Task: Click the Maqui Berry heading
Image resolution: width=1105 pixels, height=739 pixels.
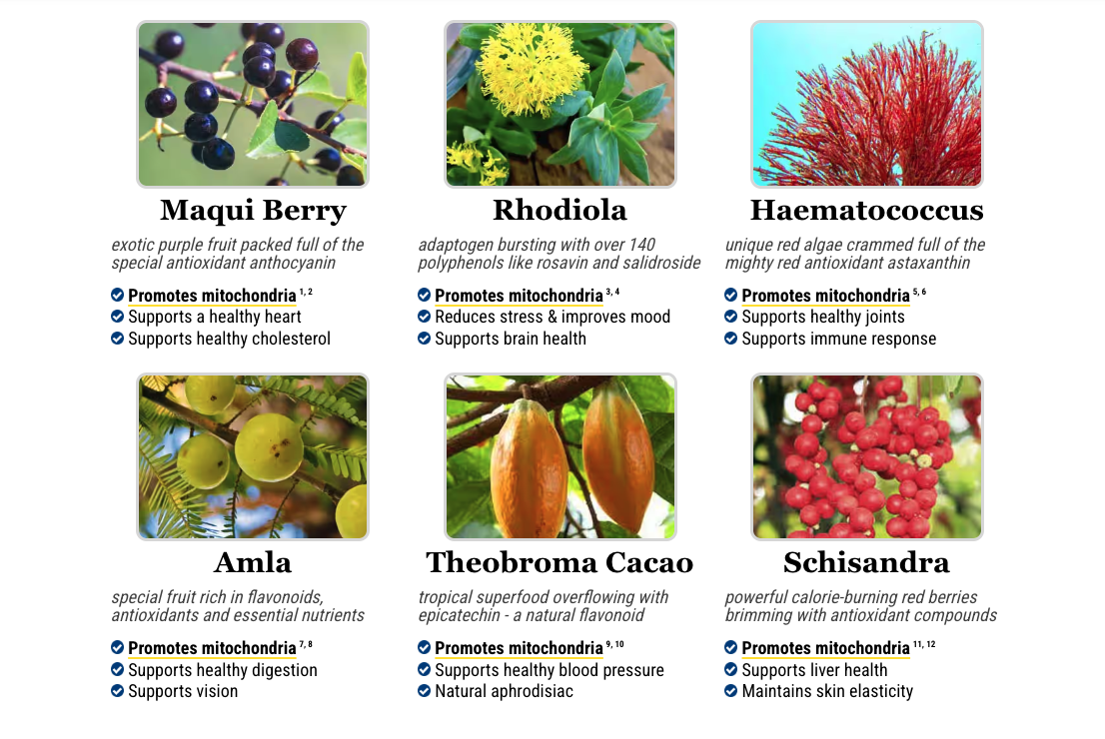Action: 253,211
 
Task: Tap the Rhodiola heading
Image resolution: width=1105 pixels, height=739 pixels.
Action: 559,210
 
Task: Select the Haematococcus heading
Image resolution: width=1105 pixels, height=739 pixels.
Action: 867,210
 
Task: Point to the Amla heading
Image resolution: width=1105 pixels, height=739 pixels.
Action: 253,562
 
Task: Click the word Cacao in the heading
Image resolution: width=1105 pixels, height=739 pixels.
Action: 649,562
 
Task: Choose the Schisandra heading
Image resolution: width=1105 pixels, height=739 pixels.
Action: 867,562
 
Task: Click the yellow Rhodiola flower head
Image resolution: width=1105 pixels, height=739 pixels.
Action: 533,69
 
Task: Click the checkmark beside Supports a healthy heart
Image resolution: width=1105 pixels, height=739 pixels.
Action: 117,317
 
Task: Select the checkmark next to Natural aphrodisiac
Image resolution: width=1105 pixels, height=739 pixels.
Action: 424,691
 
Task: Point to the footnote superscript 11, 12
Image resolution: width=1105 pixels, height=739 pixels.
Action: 924,644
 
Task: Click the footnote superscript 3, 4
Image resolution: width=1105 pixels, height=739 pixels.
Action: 612,291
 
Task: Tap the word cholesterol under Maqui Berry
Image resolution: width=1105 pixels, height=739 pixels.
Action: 291,339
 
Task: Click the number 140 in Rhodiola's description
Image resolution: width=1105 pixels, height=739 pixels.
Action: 642,245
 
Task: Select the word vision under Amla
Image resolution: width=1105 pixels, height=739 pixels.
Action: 217,691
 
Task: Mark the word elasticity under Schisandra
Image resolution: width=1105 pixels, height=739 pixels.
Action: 877,691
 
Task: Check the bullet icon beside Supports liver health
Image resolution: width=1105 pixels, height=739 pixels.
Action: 730,669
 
